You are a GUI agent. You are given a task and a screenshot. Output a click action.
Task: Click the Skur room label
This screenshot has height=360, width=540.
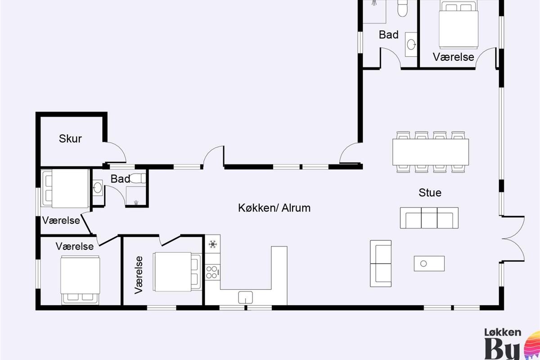70,139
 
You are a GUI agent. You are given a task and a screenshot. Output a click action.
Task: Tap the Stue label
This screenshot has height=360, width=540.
430,193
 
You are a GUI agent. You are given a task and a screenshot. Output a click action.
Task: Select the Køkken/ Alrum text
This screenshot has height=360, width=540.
274,208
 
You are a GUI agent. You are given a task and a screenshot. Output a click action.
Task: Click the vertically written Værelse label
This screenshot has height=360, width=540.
139,275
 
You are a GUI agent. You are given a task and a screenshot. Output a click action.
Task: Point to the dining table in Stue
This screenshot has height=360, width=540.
431,152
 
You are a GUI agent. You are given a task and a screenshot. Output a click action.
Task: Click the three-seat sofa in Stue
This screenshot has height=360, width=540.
429,218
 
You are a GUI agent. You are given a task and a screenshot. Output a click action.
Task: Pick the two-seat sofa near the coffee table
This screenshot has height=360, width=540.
381,263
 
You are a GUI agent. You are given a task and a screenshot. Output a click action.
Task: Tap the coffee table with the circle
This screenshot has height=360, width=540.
429,264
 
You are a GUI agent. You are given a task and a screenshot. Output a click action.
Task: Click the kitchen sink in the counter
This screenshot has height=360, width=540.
245,297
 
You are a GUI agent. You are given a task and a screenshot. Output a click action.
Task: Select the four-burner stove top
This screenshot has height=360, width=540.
212,272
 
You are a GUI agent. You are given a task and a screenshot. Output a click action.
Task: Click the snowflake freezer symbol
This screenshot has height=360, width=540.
212,244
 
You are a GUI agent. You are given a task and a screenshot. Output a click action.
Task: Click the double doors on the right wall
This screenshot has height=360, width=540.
513,238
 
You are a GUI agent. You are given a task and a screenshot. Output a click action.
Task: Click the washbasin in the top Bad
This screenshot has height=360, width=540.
411,45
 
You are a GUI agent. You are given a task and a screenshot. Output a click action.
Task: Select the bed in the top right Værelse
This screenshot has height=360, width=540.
458,24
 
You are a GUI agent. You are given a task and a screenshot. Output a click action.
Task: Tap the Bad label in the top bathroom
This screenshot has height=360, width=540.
388,35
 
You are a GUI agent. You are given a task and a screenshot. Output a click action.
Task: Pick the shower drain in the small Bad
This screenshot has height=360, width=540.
136,202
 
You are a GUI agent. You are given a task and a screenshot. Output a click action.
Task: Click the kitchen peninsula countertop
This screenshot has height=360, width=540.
279,275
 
